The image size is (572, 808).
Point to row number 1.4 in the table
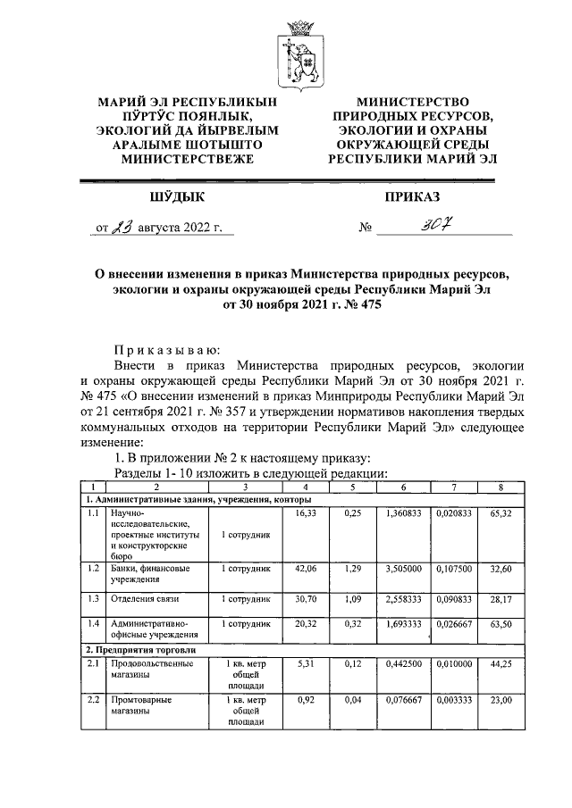coord(94,622)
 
